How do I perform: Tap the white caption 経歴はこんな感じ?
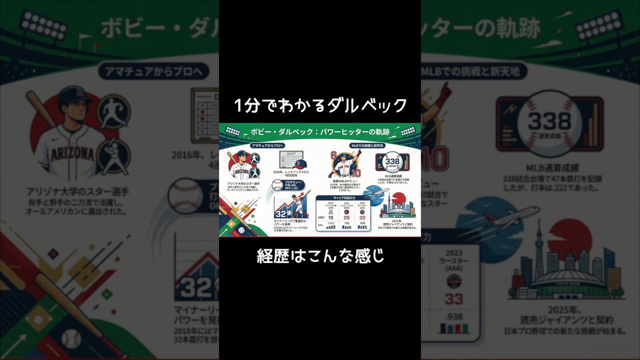[x=320, y=255]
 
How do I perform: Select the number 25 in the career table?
[x=346, y=217]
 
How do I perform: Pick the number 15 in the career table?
[x=330, y=217]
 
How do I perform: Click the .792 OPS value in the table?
[x=346, y=223]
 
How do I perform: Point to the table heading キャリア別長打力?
[x=342, y=198]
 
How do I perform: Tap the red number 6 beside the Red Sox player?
[x=333, y=155]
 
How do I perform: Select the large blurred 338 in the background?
[x=549, y=120]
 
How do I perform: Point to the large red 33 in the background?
[x=453, y=299]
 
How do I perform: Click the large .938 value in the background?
[x=453, y=316]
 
